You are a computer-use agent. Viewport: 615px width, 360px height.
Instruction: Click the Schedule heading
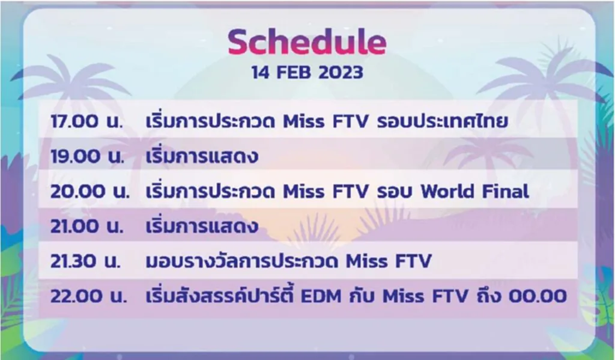click(307, 42)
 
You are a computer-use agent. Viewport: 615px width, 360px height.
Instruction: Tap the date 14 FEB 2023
click(307, 73)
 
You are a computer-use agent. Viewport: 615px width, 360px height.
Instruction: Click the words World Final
click(474, 192)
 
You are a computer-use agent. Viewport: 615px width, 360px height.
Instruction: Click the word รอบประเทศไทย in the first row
click(443, 121)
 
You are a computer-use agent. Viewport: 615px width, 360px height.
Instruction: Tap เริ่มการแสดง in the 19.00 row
click(202, 157)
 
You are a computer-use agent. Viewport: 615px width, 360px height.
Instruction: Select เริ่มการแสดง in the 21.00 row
click(202, 227)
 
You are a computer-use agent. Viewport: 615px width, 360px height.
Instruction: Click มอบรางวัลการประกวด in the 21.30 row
click(243, 261)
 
